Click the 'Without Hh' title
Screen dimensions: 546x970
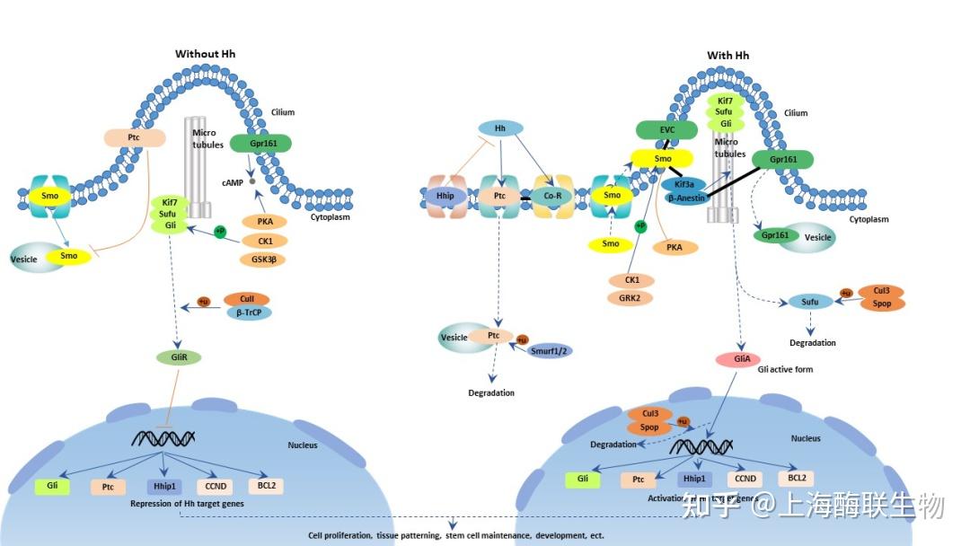coord(205,54)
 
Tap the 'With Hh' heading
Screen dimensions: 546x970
coord(727,56)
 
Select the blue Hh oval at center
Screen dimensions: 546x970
coord(500,129)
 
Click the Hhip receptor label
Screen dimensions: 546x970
coord(445,194)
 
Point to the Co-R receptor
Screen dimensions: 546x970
coord(552,194)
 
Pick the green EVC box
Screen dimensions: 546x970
coord(666,130)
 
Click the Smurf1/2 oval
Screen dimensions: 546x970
coord(550,351)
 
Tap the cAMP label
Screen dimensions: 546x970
coord(234,182)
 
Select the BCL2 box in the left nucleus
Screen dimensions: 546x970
coord(266,486)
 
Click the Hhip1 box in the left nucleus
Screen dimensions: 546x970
coord(163,487)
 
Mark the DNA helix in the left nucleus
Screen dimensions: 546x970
coord(163,438)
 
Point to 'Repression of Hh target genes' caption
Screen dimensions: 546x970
coord(187,504)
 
